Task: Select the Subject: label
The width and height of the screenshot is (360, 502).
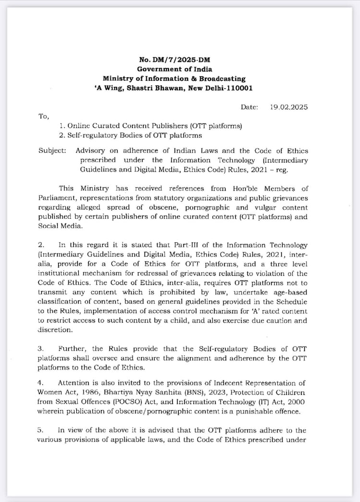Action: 52,150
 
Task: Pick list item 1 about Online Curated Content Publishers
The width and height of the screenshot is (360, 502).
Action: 148,126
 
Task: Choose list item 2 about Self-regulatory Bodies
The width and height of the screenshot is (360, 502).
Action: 135,135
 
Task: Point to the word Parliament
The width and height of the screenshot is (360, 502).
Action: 56,197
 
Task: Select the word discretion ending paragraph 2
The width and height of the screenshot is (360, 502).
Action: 54,331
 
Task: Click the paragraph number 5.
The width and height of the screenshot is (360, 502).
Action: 40,431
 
